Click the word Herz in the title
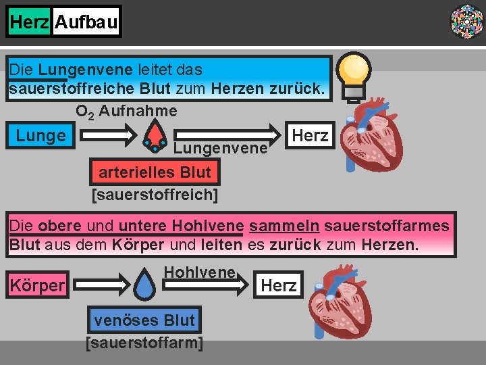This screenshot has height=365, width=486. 30,22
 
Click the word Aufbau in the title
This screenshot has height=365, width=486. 86,22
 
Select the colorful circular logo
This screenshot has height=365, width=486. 466,21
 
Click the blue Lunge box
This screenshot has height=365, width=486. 41,135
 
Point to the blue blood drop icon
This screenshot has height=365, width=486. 145,284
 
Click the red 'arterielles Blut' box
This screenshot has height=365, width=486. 155,172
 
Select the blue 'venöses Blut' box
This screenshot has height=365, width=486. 144,320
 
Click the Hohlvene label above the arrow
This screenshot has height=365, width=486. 200,272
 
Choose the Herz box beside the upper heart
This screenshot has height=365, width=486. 309,135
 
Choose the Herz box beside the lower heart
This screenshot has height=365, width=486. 279,285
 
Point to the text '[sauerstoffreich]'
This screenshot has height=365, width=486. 155,195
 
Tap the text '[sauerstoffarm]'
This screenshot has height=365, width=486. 144,343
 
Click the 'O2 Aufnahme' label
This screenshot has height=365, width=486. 126,111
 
